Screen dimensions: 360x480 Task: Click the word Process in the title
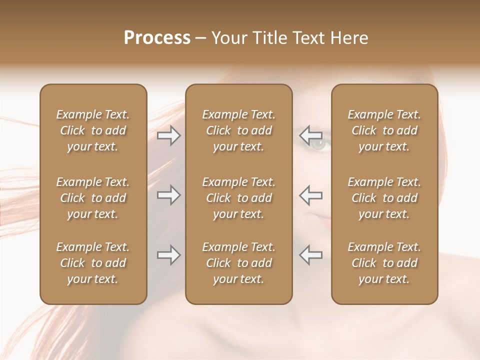pyautogui.click(x=157, y=38)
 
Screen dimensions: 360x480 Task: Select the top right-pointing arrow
pyautogui.click(x=168, y=135)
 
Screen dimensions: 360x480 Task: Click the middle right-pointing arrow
pyautogui.click(x=168, y=195)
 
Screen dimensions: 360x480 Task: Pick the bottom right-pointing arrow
pyautogui.click(x=168, y=255)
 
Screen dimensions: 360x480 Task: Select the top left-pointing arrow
pyautogui.click(x=310, y=135)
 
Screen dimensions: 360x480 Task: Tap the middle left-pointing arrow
pyautogui.click(x=310, y=195)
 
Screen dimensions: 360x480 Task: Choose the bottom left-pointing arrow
pyautogui.click(x=310, y=255)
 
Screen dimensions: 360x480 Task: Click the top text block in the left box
pyautogui.click(x=93, y=130)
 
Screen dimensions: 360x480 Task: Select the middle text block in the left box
pyautogui.click(x=93, y=198)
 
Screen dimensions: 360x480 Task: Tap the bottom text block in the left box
pyautogui.click(x=93, y=263)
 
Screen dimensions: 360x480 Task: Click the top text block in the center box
pyautogui.click(x=238, y=130)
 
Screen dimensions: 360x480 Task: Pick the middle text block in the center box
pyautogui.click(x=238, y=198)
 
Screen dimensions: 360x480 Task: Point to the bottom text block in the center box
pyautogui.click(x=238, y=263)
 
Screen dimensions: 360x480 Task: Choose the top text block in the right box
pyautogui.click(x=384, y=130)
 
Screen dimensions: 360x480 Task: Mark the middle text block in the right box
pyautogui.click(x=384, y=198)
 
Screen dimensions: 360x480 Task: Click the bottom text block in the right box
pyautogui.click(x=384, y=263)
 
